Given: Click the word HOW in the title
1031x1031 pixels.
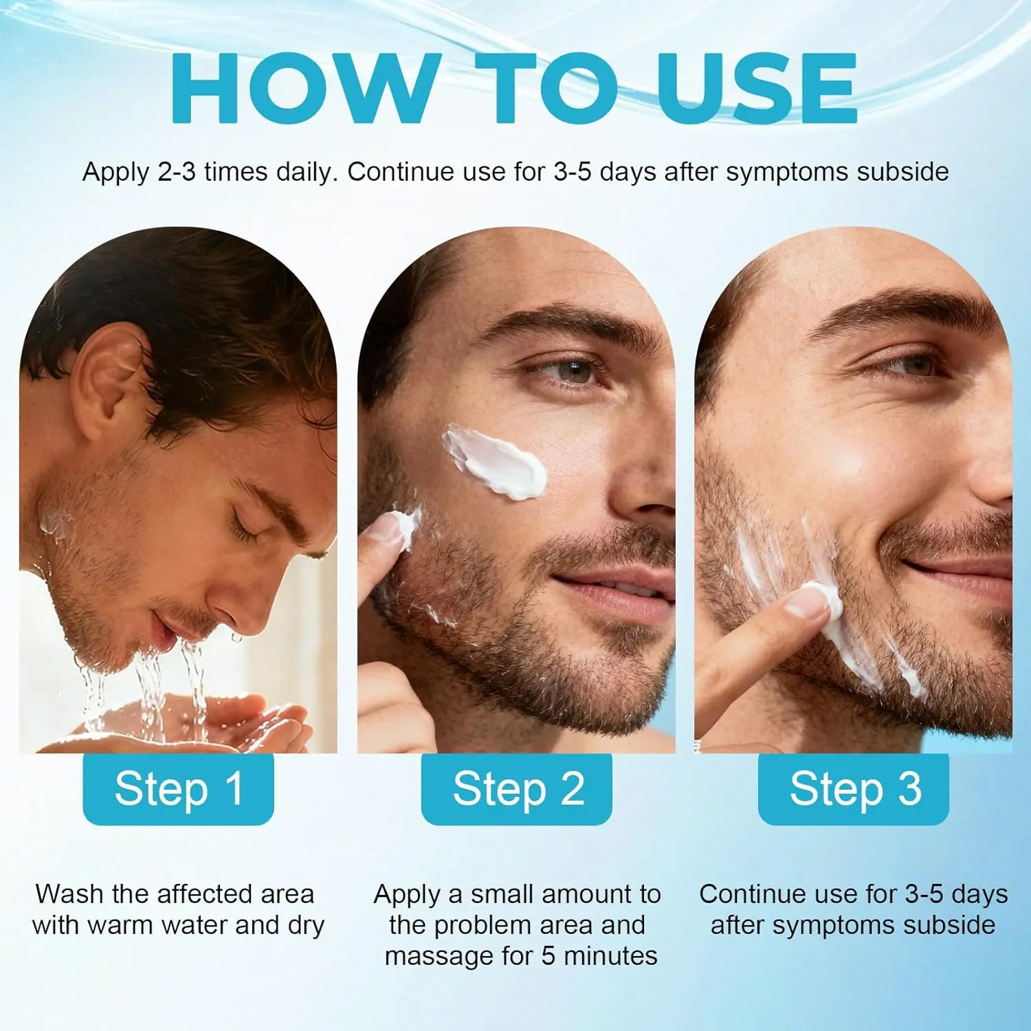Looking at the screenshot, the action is [306, 89].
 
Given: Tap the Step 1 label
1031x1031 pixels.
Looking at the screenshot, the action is [179, 788].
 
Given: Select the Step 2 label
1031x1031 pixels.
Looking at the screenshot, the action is [517, 788].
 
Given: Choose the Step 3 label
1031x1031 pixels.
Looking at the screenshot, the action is [854, 788].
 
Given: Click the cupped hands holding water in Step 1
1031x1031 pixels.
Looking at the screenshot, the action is [192, 725].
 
